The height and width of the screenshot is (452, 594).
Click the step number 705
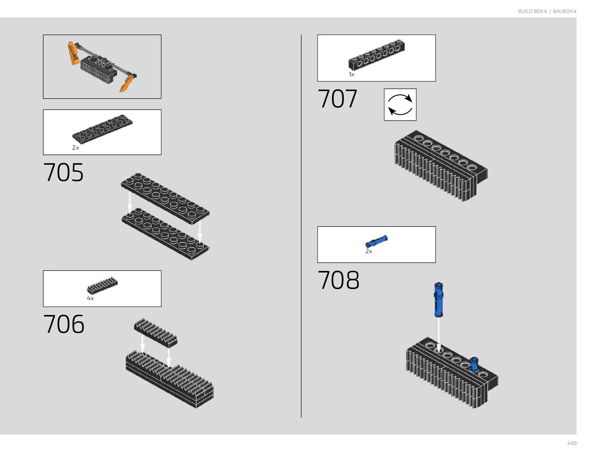click(x=63, y=173)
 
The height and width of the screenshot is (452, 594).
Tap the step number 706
click(x=64, y=324)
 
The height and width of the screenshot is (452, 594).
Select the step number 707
click(x=337, y=99)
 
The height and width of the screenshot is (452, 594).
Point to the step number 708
click(x=338, y=280)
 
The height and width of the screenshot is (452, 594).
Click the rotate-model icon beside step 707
click(x=400, y=105)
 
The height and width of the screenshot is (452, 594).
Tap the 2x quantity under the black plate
click(x=76, y=148)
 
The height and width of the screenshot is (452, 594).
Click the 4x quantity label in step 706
click(x=90, y=298)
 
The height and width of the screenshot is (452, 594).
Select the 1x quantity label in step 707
click(x=351, y=75)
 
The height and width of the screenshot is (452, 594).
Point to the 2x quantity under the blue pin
click(x=369, y=251)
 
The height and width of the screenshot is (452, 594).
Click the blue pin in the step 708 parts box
click(x=376, y=241)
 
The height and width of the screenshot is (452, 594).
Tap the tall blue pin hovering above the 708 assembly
click(x=439, y=299)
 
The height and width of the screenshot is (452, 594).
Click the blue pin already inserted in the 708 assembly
click(x=474, y=364)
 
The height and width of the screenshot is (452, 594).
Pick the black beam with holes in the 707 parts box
click(x=377, y=55)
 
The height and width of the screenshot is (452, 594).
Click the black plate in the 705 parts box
click(x=102, y=129)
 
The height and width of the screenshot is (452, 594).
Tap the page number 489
click(x=572, y=443)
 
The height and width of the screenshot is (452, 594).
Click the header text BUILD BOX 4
click(x=532, y=11)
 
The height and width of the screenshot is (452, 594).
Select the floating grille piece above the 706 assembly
click(x=155, y=332)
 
